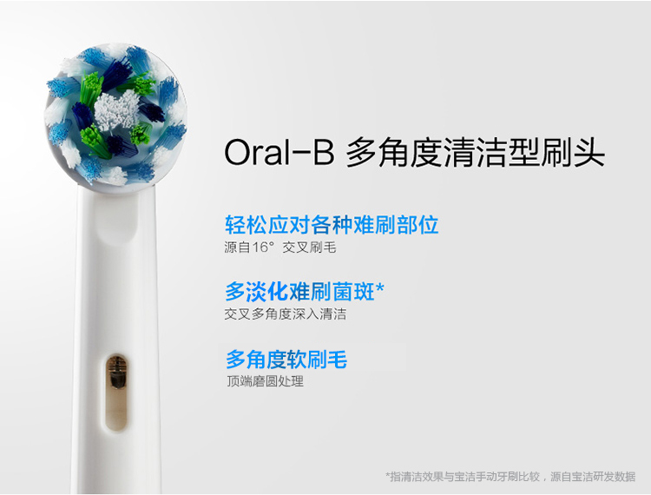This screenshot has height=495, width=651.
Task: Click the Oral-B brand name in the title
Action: [279, 152]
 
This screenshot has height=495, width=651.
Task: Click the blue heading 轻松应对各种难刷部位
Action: [332, 225]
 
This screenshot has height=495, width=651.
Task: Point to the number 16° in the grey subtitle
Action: [263, 247]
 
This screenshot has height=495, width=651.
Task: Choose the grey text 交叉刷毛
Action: [309, 247]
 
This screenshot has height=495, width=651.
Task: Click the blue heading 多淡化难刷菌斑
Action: [299, 292]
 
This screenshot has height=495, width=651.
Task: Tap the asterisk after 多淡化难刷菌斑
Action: [379, 287]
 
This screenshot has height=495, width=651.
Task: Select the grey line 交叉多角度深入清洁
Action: [286, 314]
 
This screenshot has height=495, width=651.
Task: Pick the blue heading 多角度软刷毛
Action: [286, 360]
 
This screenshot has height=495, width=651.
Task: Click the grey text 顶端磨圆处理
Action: [265, 380]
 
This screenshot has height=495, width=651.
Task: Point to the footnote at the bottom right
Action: [510, 476]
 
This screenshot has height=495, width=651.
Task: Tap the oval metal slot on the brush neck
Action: [116, 392]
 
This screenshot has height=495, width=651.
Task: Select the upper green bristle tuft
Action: [92, 88]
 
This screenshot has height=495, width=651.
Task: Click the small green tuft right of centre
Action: [141, 134]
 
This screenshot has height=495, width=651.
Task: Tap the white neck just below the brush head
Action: [116, 216]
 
